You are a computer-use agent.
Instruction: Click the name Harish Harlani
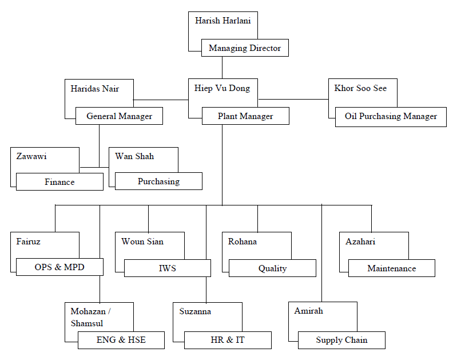pyautogui.click(x=222, y=21)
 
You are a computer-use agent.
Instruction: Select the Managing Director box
pyautogui.click(x=245, y=48)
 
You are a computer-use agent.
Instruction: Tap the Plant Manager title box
pyautogui.click(x=245, y=116)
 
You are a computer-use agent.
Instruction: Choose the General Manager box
pyautogui.click(x=119, y=116)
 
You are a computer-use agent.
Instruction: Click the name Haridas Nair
pyautogui.click(x=94, y=89)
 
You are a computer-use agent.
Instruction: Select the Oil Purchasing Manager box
pyautogui.click(x=391, y=116)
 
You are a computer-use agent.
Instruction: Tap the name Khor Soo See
pyautogui.click(x=360, y=89)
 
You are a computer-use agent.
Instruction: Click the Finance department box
pyautogui.click(x=59, y=182)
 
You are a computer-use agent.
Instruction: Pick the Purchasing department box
pyautogui.click(x=158, y=181)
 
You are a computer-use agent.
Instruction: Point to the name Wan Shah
pyautogui.click(x=134, y=156)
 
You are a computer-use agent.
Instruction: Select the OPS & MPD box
pyautogui.click(x=59, y=267)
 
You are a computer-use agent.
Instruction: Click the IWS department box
pyautogui.click(x=167, y=268)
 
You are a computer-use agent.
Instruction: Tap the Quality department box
pyautogui.click(x=272, y=268)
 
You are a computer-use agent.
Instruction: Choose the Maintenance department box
pyautogui.click(x=391, y=268)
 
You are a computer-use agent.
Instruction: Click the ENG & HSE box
pyautogui.click(x=121, y=340)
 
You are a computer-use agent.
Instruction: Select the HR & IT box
pyautogui.click(x=227, y=340)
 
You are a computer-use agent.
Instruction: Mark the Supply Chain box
pyautogui.click(x=341, y=340)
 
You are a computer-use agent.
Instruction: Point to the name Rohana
pyautogui.click(x=243, y=242)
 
